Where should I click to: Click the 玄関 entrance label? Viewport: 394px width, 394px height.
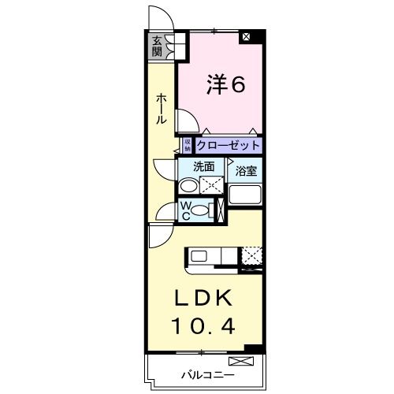click(x=158, y=47)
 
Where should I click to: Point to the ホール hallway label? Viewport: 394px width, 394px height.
click(x=161, y=108)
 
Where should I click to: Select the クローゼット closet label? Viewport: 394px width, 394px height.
click(x=227, y=146)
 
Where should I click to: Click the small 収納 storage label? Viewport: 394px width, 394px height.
click(x=188, y=145)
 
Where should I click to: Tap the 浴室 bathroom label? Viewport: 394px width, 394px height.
click(x=243, y=169)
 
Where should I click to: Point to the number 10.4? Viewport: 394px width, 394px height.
click(x=203, y=324)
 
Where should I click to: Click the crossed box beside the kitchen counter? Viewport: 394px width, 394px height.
click(x=252, y=255)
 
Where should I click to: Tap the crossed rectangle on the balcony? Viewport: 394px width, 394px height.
click(x=243, y=361)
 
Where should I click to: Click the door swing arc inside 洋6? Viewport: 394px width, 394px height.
click(x=186, y=120)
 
